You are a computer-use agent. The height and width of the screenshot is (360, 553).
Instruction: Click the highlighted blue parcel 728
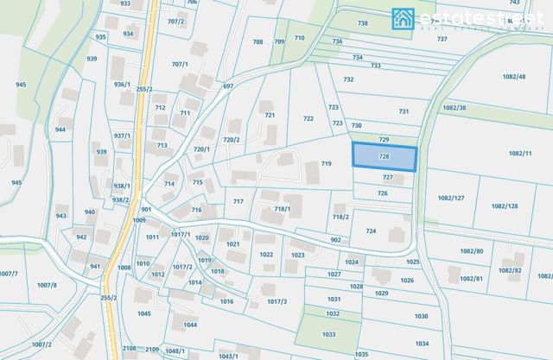point(385,157)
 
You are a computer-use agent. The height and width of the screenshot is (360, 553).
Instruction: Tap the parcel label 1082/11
point(520,153)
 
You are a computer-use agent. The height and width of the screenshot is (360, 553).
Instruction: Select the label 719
point(326,163)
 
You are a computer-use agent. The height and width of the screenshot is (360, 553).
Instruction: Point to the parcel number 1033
point(328,334)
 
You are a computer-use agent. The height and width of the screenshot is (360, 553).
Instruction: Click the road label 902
point(336,239)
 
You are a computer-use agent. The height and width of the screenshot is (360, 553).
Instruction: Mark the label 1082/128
point(504,206)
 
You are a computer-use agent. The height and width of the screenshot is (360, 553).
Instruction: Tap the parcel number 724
point(371,231)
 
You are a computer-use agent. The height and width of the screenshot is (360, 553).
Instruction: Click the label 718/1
point(283,209)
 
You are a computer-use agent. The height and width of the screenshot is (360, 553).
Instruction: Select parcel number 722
point(308,118)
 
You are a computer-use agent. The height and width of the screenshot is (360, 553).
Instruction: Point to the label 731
point(403,111)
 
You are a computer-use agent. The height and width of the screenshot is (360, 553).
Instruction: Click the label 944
point(60,129)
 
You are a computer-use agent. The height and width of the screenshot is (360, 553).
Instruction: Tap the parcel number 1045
point(144,313)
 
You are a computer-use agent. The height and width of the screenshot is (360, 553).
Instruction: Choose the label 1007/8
point(46,285)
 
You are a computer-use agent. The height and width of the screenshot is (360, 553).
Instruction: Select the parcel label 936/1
point(121,85)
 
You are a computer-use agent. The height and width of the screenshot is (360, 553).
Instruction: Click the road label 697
point(228,86)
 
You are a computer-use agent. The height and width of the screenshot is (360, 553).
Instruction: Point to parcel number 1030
point(421,316)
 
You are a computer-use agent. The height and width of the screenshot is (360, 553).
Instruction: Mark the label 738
point(362,23)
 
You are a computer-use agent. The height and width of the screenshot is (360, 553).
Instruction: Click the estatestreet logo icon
point(403,17)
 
